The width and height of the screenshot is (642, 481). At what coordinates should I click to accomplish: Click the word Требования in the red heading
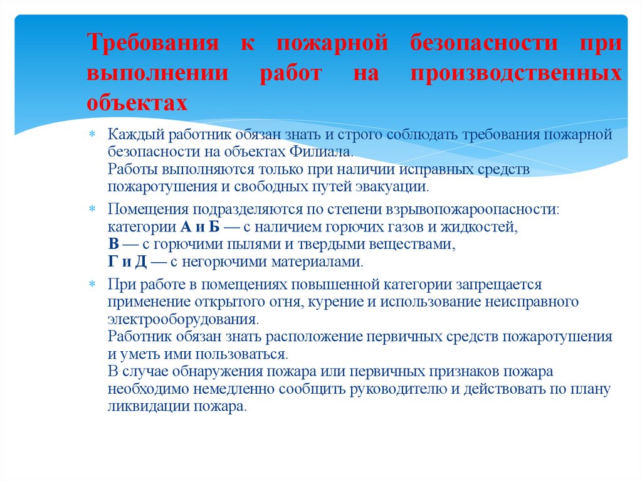[x=152, y=45]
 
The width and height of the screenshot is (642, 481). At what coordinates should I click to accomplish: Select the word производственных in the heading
[x=516, y=73]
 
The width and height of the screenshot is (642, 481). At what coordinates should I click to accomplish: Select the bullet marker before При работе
[x=92, y=285]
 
